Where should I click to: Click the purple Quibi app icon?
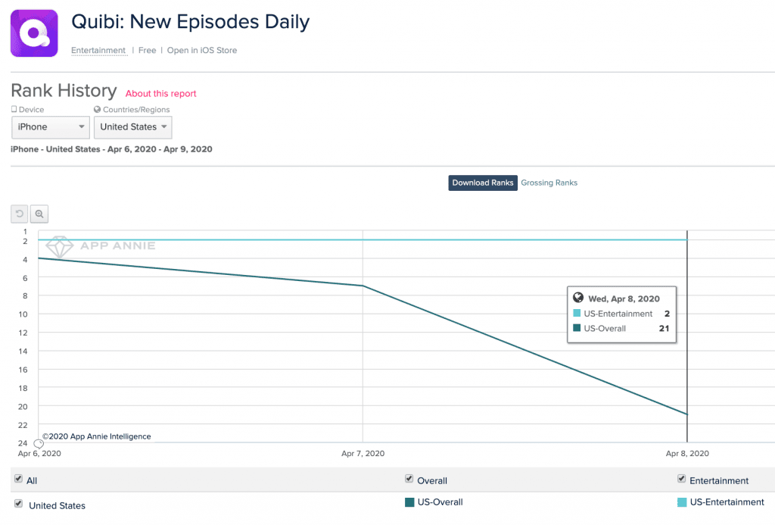click(34, 33)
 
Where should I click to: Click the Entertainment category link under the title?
click(98, 51)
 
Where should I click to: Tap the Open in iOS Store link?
click(202, 51)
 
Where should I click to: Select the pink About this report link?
click(160, 94)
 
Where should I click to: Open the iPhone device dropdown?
click(51, 127)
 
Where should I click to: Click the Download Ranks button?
click(483, 183)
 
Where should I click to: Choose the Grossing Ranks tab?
click(549, 183)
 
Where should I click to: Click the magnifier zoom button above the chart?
click(39, 214)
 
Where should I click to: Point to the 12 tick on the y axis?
click(23, 333)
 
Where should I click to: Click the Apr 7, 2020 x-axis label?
click(363, 454)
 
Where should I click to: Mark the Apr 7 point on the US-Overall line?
click(363, 286)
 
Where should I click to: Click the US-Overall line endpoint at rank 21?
click(687, 414)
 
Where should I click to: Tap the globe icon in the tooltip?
click(579, 298)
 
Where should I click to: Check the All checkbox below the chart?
click(18, 480)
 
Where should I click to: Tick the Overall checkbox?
click(409, 480)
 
